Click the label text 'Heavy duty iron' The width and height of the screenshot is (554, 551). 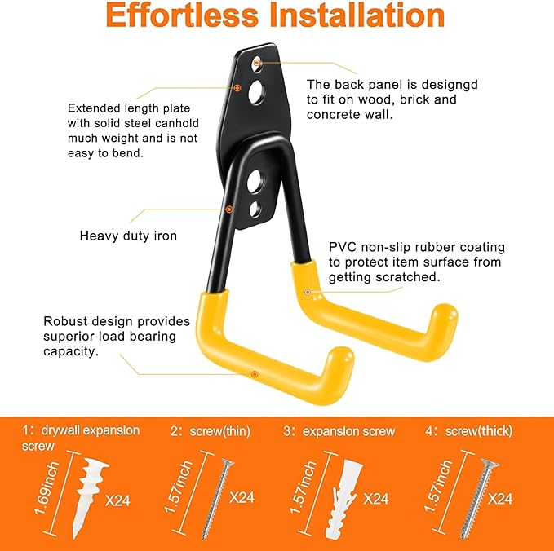128,236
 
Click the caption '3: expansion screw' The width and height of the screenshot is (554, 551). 339,431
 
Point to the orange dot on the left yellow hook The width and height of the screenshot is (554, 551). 255,374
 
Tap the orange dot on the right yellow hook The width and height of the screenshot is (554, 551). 308,291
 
